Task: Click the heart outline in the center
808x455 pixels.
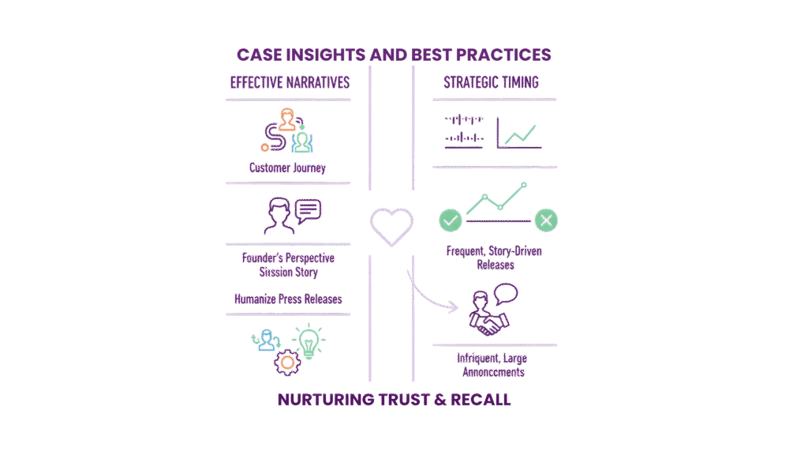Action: [391, 227]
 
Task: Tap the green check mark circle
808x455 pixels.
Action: [451, 220]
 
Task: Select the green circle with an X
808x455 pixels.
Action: [546, 220]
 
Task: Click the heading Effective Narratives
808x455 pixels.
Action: [289, 82]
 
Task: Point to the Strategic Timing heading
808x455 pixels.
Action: [492, 82]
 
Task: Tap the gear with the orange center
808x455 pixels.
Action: [286, 363]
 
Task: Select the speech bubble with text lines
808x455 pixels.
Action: [308, 210]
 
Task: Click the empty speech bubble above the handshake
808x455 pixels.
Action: [505, 295]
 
